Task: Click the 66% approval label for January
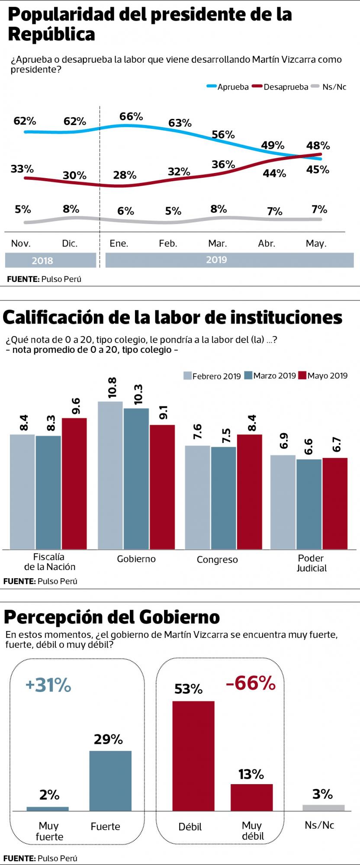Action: pyautogui.click(x=131, y=116)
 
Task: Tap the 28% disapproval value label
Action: pyautogui.click(x=125, y=175)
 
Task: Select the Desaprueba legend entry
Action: pyautogui.click(x=286, y=87)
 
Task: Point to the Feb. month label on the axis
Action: pyautogui.click(x=168, y=243)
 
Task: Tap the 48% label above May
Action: pyautogui.click(x=318, y=146)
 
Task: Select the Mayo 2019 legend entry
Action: pyautogui.click(x=327, y=375)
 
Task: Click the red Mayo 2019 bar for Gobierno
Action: pyautogui.click(x=162, y=487)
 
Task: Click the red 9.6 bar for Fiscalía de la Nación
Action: pyautogui.click(x=74, y=483)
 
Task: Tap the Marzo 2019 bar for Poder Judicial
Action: pyautogui.click(x=309, y=504)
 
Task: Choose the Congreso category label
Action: pyautogui.click(x=217, y=560)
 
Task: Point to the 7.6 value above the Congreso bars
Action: pyautogui.click(x=197, y=432)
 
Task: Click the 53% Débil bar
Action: pyautogui.click(x=193, y=756)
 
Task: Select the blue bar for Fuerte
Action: pyautogui.click(x=110, y=781)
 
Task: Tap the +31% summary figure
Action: pyautogui.click(x=48, y=686)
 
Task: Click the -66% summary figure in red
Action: pyautogui.click(x=251, y=683)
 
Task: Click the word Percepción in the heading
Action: pyautogui.click(x=55, y=617)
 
